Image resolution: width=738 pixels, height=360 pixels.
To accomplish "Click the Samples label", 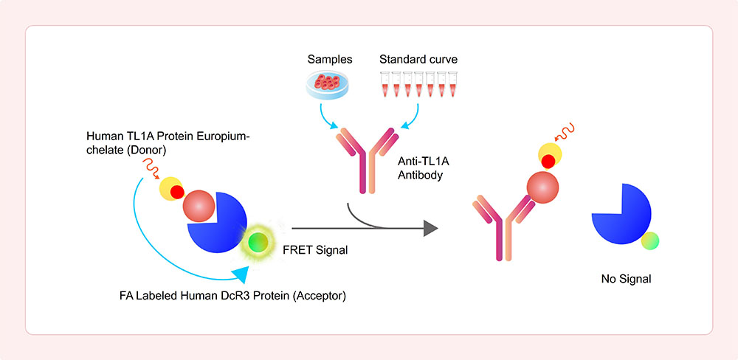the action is point(330,60).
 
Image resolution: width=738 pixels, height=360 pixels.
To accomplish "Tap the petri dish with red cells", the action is point(327,85).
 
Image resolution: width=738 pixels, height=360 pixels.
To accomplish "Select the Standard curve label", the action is point(418,60).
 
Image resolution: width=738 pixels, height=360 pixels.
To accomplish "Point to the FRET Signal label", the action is point(315,250).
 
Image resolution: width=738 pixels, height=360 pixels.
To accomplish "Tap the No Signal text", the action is point(626,279).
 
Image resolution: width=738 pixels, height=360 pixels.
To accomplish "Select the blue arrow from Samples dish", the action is point(327,117).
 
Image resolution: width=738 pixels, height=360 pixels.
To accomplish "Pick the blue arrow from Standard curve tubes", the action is point(411,117).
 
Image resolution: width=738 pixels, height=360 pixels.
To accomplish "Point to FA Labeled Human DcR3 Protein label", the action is point(233,297).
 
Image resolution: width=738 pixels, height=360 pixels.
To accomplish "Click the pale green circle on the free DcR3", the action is point(650,240).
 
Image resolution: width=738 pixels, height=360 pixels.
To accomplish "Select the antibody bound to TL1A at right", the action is point(503,226).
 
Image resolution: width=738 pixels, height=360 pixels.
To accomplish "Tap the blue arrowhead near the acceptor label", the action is point(241,274).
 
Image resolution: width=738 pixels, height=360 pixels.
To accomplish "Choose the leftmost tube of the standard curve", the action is point(385,84).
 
